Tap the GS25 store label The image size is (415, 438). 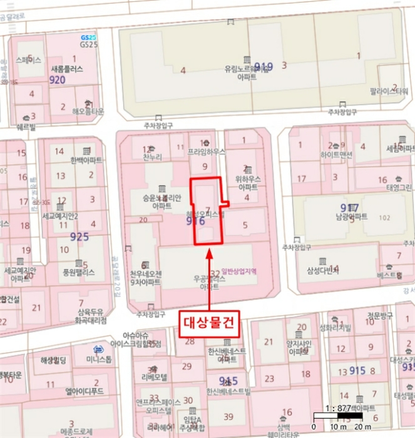(89, 44)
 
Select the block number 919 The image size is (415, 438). (264, 66)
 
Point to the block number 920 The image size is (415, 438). (57, 80)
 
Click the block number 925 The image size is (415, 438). (79, 237)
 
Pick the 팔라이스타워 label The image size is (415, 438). (389, 91)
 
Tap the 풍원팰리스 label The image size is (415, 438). (78, 272)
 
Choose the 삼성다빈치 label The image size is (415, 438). (322, 270)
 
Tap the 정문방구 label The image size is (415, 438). (379, 315)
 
